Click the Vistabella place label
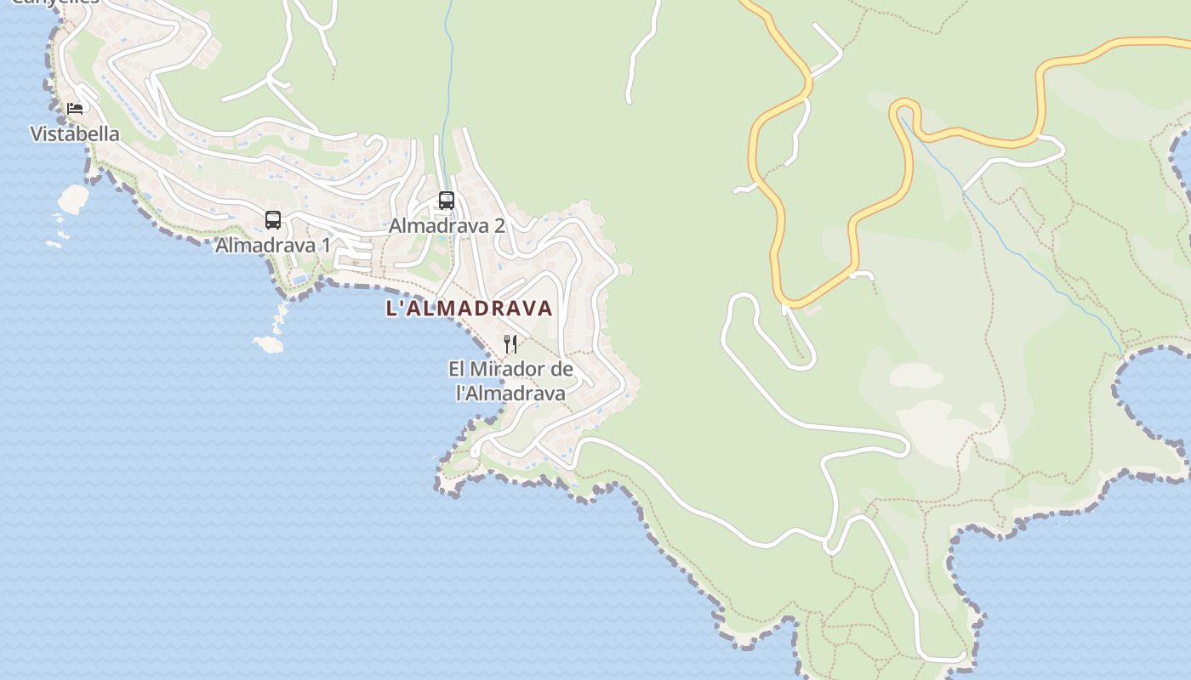tap(75, 133)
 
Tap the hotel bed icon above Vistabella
tap(75, 108)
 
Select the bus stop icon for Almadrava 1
tap(273, 220)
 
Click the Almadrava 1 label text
tap(273, 245)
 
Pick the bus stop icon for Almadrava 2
tap(447, 201)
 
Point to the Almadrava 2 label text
tap(447, 226)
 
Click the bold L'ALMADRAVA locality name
tap(470, 308)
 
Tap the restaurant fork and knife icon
tap(510, 343)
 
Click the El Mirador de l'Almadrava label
tap(510, 381)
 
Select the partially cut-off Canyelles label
tap(55, 3)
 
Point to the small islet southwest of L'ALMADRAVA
tap(269, 344)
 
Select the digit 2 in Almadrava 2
tap(499, 226)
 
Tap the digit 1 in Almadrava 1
tap(325, 245)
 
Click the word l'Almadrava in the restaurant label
tap(510, 393)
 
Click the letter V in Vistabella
tap(37, 133)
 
